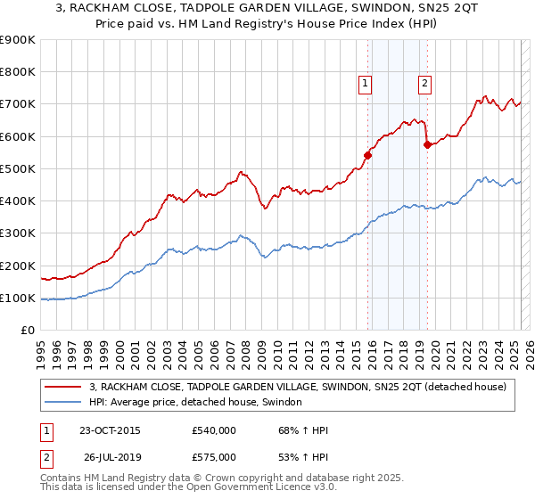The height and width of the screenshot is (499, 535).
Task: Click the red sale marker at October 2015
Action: coord(367,155)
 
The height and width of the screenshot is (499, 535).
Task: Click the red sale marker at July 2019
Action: coord(427,144)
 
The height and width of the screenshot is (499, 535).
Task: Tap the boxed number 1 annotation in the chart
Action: coord(366,84)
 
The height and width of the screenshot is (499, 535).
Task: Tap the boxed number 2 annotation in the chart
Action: coord(424,84)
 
